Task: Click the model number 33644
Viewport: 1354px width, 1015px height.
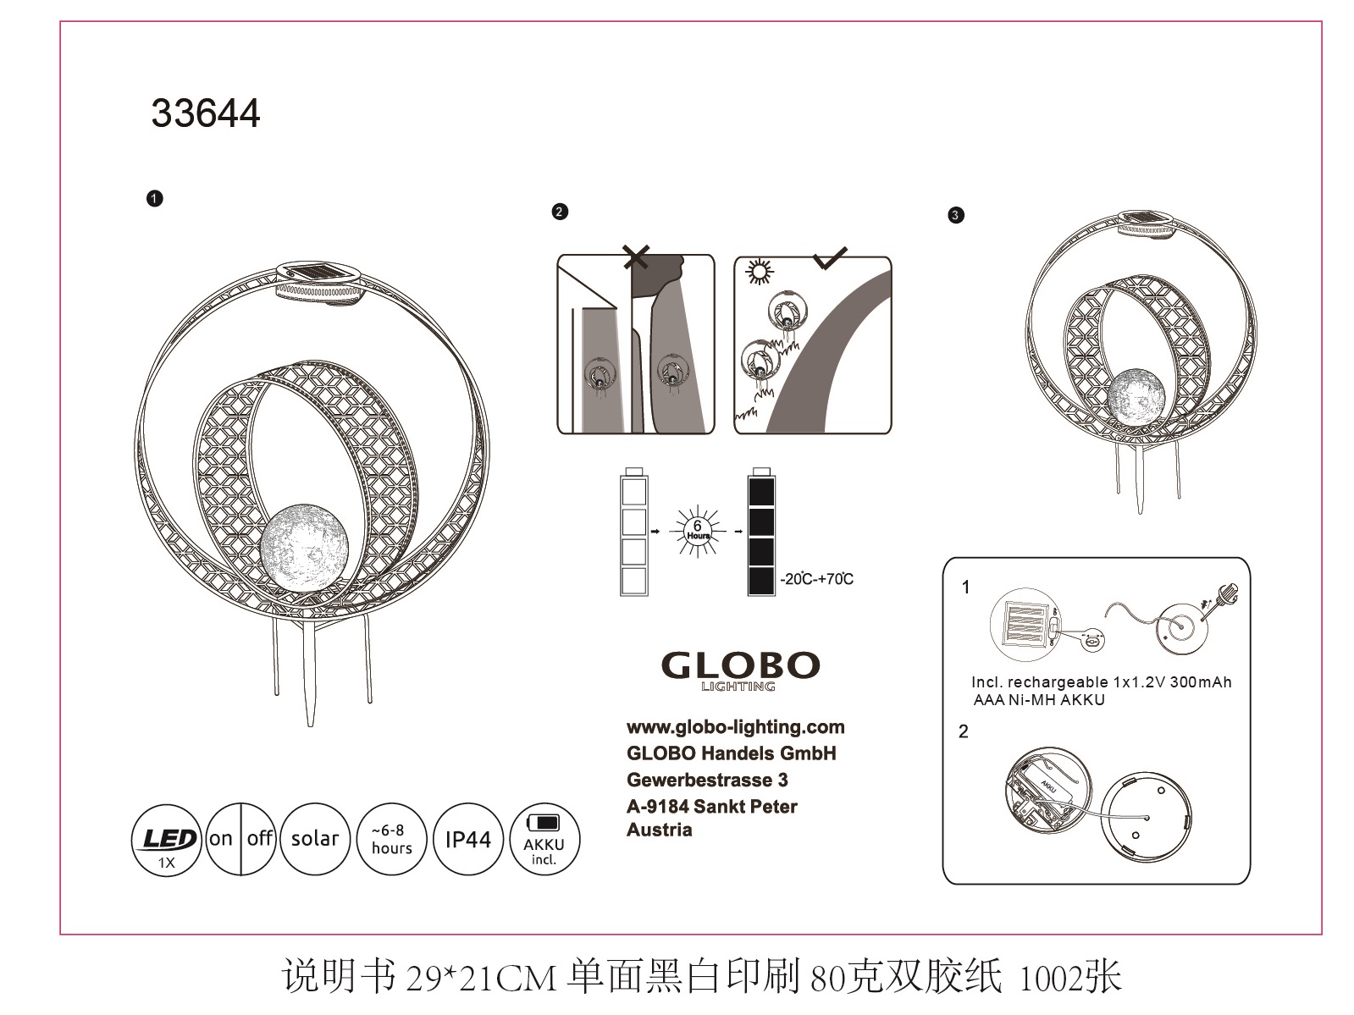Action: pos(206,113)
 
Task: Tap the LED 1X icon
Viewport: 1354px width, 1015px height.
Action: pos(167,840)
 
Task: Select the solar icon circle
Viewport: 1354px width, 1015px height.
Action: pos(315,839)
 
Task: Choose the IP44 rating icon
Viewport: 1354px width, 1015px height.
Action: pos(468,839)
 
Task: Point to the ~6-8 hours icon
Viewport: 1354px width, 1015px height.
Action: pos(392,839)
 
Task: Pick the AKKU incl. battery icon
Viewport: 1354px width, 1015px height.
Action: pos(544,839)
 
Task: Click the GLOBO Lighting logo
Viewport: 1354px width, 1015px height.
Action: pos(740,671)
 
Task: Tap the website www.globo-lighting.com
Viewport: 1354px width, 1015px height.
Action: pos(735,728)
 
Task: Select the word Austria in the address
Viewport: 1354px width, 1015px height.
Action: pos(659,830)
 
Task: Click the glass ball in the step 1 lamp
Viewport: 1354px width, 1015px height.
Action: pos(304,549)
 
